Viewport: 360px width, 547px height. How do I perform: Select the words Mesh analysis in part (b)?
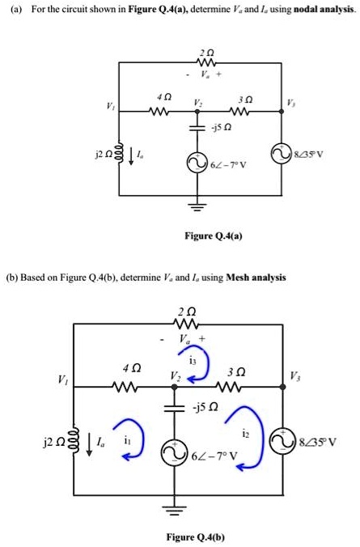click(255, 277)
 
